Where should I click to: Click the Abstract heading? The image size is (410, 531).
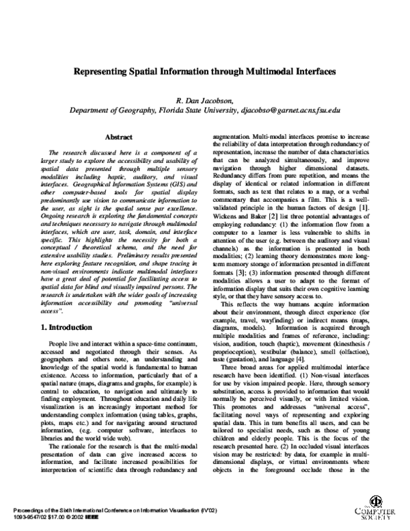pos(119,138)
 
